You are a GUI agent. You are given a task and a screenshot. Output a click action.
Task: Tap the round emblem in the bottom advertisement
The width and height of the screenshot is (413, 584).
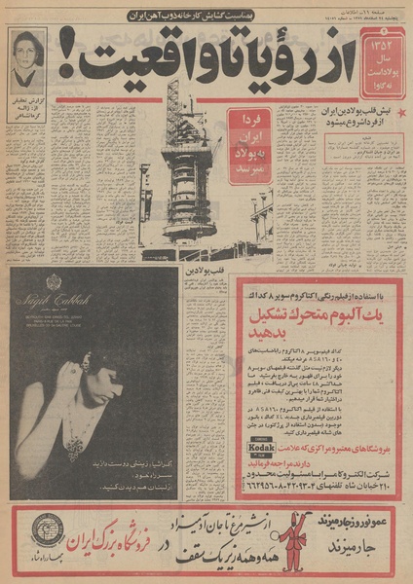47,531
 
